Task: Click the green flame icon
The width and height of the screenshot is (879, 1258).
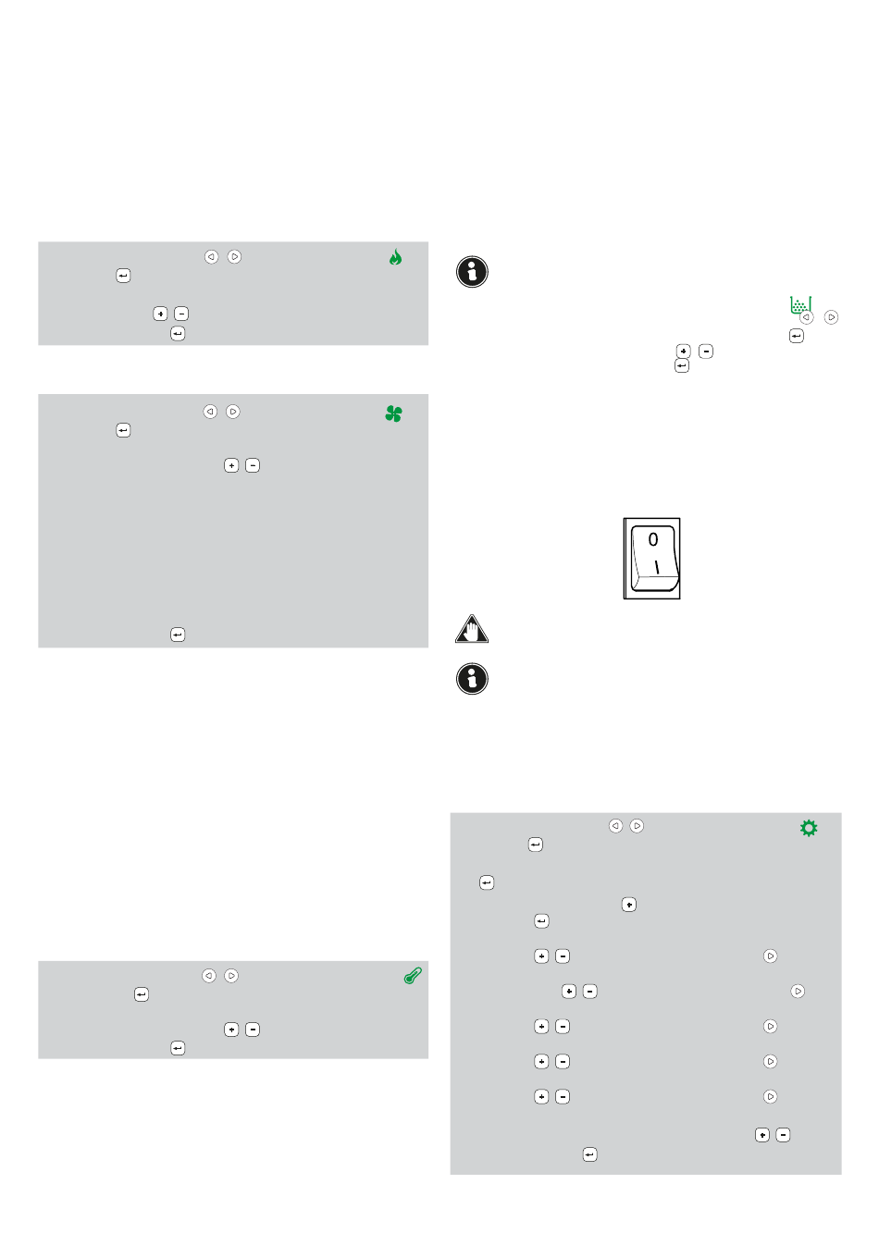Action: click(x=395, y=257)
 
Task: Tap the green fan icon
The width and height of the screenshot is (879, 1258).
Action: click(x=393, y=413)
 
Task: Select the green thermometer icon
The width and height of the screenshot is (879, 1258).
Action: click(x=413, y=976)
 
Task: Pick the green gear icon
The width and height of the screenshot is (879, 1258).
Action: click(x=809, y=828)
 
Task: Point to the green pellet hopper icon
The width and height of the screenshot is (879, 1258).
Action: click(x=799, y=305)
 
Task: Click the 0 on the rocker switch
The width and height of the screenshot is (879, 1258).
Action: click(x=652, y=539)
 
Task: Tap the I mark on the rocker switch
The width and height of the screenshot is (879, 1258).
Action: click(x=656, y=567)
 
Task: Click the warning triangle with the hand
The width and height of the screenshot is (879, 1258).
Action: click(x=471, y=628)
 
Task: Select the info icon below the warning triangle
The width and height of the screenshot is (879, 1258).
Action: click(x=472, y=678)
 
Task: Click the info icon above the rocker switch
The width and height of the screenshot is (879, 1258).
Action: click(x=472, y=272)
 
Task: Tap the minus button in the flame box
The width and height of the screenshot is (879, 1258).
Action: click(x=180, y=314)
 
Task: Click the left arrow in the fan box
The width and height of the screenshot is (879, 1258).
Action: click(x=210, y=412)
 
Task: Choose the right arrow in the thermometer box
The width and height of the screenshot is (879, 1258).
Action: click(x=230, y=976)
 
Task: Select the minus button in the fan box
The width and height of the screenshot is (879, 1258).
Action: click(x=253, y=465)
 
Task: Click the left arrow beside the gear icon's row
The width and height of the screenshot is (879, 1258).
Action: click(x=615, y=825)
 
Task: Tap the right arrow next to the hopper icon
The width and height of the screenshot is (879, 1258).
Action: click(x=831, y=317)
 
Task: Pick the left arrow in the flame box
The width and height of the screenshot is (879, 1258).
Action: click(x=211, y=256)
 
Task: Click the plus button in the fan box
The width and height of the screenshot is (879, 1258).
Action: click(x=231, y=465)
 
